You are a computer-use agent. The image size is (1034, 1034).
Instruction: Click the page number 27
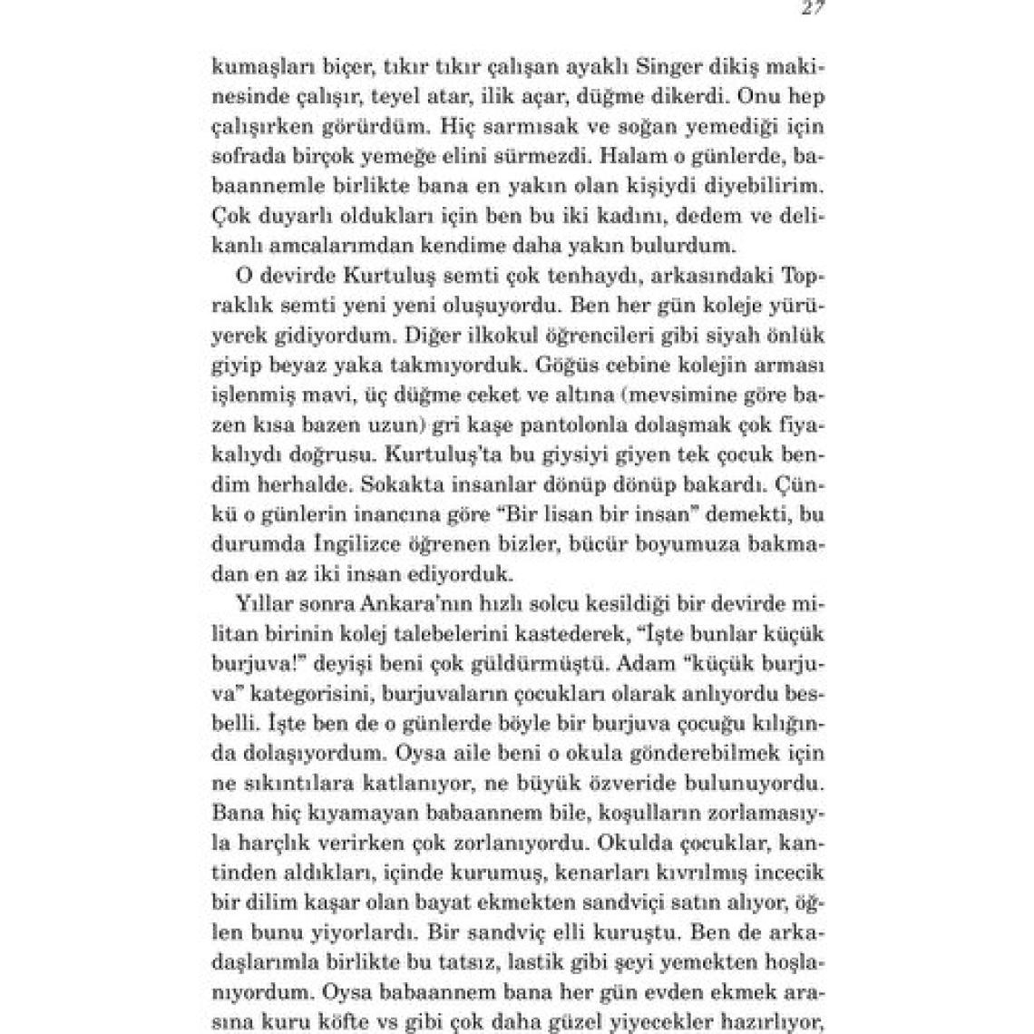[812, 8]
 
